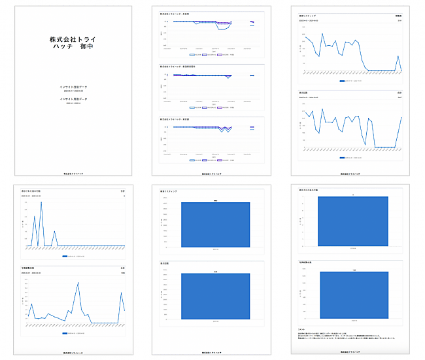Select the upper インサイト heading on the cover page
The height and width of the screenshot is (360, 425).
point(72,86)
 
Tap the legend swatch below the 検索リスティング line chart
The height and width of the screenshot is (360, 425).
point(342,81)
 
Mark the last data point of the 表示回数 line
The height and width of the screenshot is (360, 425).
point(401,118)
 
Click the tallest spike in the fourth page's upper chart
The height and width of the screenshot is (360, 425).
point(41,202)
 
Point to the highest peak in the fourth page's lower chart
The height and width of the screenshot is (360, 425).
point(78,283)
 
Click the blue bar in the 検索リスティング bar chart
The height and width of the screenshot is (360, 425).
point(215,225)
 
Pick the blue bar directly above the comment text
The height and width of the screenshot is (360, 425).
point(354,295)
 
